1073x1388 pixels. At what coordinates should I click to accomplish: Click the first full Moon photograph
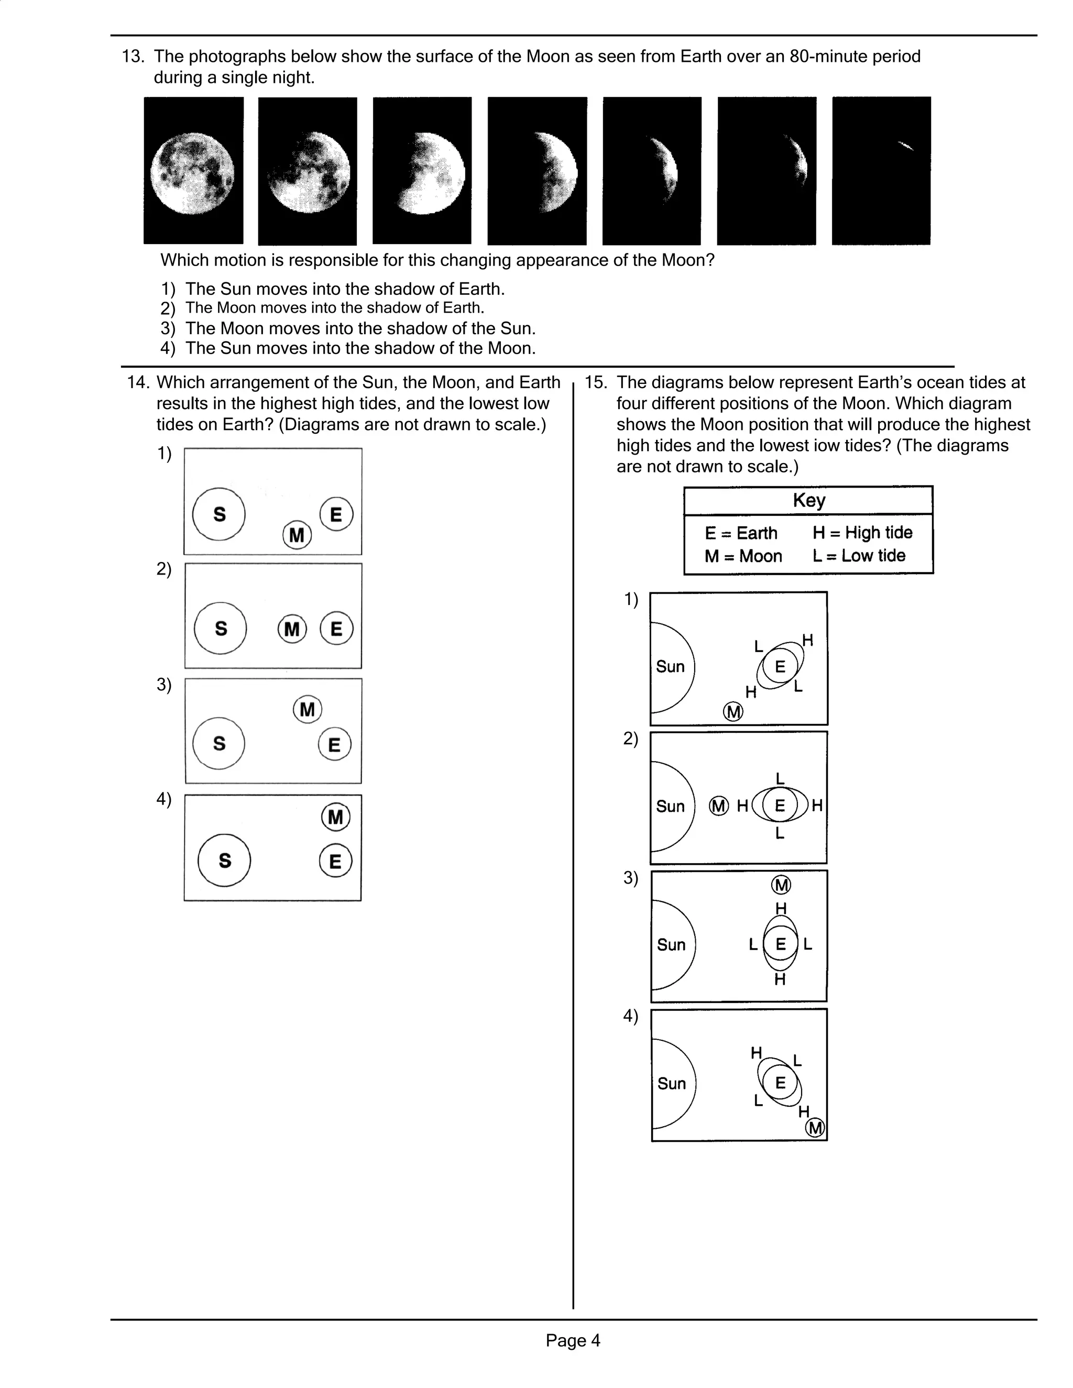[193, 170]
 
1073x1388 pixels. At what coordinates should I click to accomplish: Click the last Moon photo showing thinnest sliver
[881, 170]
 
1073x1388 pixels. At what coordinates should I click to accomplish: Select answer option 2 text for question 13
[334, 308]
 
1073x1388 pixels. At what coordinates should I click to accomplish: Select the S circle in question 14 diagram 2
[221, 629]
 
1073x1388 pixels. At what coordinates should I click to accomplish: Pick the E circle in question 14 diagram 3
[334, 744]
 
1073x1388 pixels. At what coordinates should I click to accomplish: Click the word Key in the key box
[808, 500]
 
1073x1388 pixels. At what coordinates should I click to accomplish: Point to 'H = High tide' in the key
[862, 533]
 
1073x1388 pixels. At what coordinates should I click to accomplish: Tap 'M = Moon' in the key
[742, 556]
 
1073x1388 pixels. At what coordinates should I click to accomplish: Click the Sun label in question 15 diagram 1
[670, 667]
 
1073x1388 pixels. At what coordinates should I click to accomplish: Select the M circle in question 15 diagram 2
[718, 806]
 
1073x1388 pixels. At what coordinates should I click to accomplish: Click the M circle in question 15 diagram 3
[781, 885]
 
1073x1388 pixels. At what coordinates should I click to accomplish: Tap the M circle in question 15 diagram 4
[815, 1128]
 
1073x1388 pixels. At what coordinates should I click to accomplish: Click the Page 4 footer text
[573, 1340]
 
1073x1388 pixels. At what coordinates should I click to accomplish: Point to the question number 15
[596, 382]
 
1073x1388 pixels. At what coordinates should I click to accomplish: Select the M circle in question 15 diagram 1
[733, 711]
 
